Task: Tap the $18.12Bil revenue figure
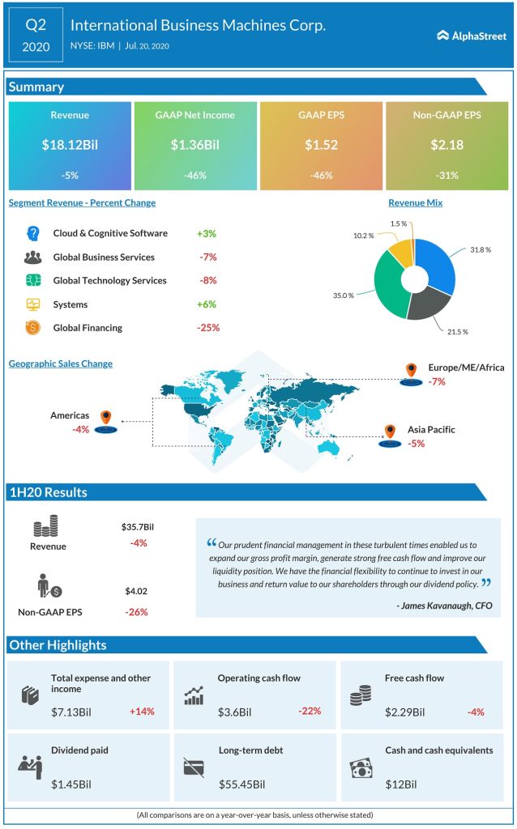pyautogui.click(x=69, y=146)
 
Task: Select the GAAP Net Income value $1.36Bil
pyautogui.click(x=194, y=146)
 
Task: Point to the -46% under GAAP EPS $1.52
pyautogui.click(x=320, y=174)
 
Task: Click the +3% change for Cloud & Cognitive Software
pyautogui.click(x=206, y=233)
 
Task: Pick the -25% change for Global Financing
pyautogui.click(x=207, y=328)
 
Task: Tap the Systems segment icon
pyautogui.click(x=33, y=304)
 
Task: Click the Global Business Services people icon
pyautogui.click(x=33, y=257)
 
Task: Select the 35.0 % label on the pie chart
pyautogui.click(x=344, y=295)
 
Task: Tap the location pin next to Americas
pyautogui.click(x=105, y=419)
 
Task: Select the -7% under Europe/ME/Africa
pyautogui.click(x=438, y=381)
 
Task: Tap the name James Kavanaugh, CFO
pyautogui.click(x=444, y=605)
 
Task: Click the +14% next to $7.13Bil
pyautogui.click(x=141, y=712)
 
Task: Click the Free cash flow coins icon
pyautogui.click(x=361, y=696)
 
